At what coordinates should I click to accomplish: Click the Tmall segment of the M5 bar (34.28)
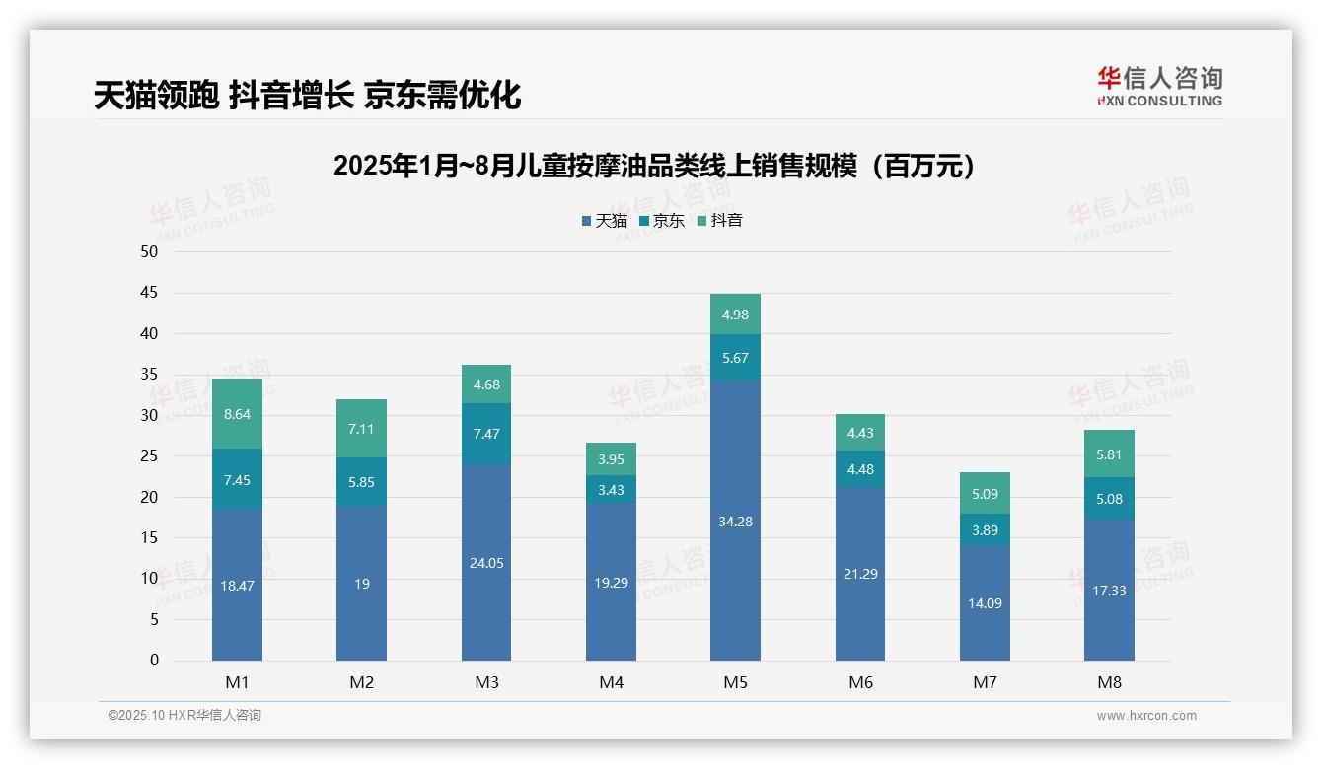[735, 521]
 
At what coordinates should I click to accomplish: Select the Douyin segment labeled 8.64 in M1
[237, 414]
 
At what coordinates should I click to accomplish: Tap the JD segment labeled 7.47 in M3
[486, 434]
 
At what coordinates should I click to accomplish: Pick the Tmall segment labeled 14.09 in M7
[985, 602]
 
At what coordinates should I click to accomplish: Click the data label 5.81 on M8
[1109, 455]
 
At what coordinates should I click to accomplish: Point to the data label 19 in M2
[362, 584]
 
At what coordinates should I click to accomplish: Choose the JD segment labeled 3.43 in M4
[611, 489]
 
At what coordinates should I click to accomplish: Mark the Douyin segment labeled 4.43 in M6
[860, 432]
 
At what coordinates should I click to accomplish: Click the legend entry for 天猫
[604, 221]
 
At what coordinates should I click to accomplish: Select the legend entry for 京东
[661, 221]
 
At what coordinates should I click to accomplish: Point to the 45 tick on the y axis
[149, 293]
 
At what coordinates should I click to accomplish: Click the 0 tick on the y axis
[154, 661]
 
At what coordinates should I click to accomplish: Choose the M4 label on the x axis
[611, 682]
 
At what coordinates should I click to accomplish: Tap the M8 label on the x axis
[1109, 682]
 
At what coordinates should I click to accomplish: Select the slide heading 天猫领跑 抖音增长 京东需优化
[307, 96]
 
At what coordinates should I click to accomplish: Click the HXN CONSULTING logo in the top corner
[1159, 87]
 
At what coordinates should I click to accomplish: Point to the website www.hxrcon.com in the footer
[1146, 716]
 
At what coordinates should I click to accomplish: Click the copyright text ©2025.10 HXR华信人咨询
[184, 716]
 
